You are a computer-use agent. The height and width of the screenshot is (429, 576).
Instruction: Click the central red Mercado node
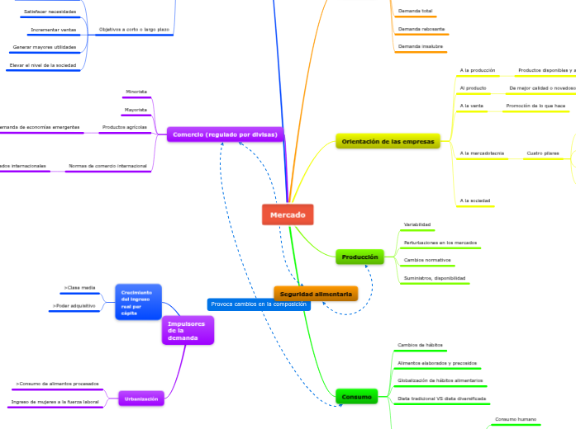pos(288,214)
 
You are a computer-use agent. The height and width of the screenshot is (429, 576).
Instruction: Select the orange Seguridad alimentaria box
pos(316,294)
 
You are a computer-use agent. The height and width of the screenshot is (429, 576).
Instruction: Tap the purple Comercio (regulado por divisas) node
pos(225,134)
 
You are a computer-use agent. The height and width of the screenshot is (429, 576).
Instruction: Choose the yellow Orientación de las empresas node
pos(387,142)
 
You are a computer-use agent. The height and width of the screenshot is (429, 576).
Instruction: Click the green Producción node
pos(359,257)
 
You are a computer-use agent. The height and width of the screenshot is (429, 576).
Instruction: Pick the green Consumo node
pos(356,397)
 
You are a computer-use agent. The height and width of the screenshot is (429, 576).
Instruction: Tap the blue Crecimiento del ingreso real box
pos(138,302)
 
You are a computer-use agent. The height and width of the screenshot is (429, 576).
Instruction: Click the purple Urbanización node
pos(141,398)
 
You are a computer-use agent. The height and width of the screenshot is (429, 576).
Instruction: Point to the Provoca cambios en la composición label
pos(259,304)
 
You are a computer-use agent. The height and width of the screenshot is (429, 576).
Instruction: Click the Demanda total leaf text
pos(415,11)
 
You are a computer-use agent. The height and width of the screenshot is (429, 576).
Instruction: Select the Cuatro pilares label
pos(542,153)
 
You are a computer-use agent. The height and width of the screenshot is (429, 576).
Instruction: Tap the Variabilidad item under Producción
pos(417,224)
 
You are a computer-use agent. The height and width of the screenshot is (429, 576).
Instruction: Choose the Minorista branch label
pos(136,91)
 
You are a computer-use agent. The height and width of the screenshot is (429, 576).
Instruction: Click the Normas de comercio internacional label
pos(107,166)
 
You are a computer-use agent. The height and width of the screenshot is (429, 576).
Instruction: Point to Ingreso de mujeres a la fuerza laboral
pos(55,402)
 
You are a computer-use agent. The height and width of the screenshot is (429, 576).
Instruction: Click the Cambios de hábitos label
pos(420,344)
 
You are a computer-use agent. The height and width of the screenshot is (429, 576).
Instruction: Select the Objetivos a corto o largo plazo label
pos(134,29)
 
